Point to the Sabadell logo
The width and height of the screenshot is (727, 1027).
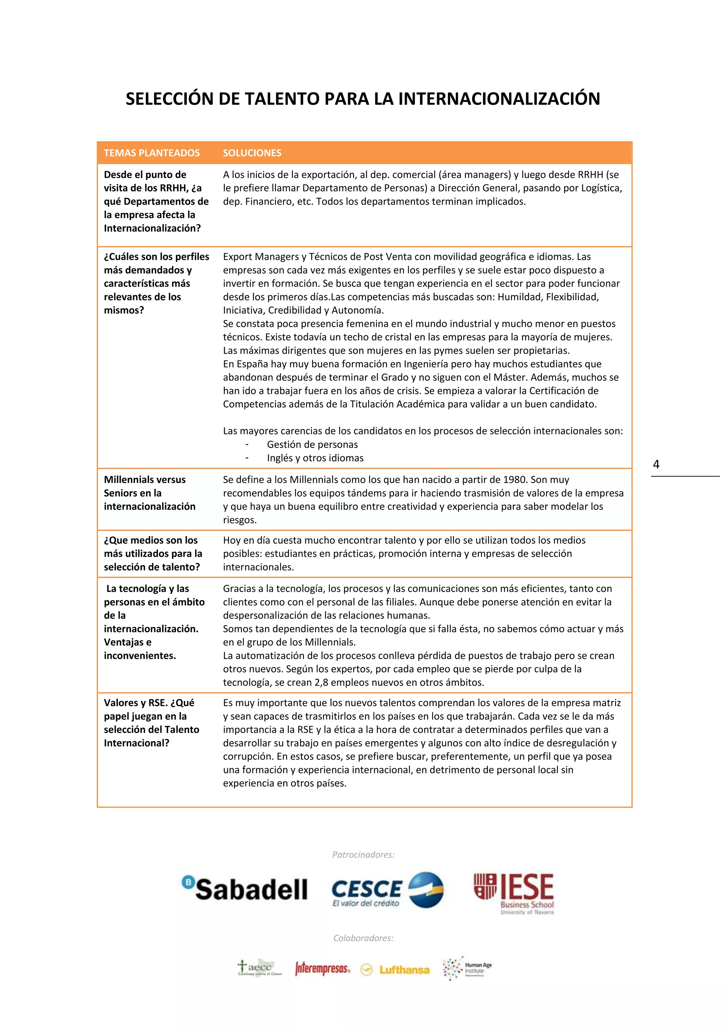pos(245,888)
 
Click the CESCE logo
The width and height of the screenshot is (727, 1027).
pos(387,890)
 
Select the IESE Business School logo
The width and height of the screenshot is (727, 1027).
pos(514,893)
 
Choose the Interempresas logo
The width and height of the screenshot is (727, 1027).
pos(322,969)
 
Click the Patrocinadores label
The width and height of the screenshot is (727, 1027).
pos(363,855)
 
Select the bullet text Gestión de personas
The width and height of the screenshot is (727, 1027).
pos(312,445)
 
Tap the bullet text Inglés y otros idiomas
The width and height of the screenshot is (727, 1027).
pos(315,458)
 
